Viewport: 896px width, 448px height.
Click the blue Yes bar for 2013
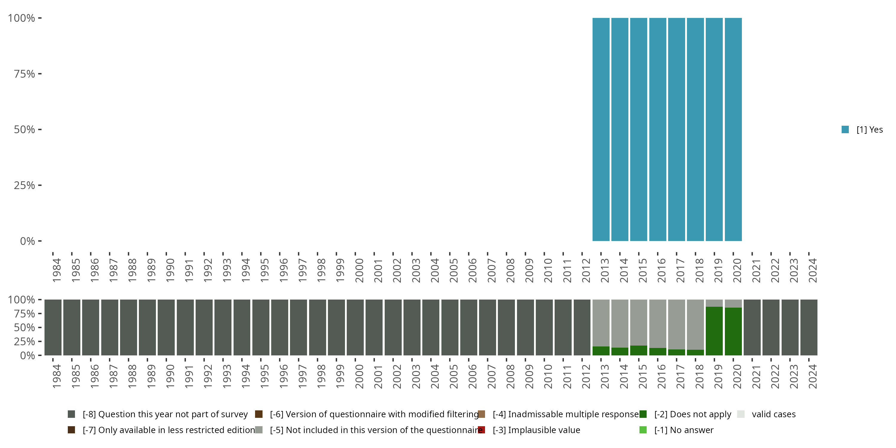pyautogui.click(x=601, y=129)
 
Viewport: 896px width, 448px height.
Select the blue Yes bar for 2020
pyautogui.click(x=733, y=129)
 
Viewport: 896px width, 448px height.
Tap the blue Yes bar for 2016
pyautogui.click(x=657, y=129)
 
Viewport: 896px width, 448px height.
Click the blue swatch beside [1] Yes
pyautogui.click(x=845, y=130)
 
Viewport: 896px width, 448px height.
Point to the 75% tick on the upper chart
pyautogui.click(x=40, y=74)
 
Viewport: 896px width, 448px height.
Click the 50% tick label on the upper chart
pyautogui.click(x=24, y=130)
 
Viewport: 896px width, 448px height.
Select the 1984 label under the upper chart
pyautogui.click(x=57, y=271)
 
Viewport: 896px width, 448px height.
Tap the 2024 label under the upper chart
pyautogui.click(x=812, y=271)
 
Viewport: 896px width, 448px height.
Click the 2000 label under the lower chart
pyautogui.click(x=359, y=377)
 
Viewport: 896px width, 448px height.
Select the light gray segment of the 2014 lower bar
pyautogui.click(x=620, y=323)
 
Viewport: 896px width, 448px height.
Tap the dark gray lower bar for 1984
pyautogui.click(x=53, y=327)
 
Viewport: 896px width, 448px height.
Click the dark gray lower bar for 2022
pyautogui.click(x=771, y=327)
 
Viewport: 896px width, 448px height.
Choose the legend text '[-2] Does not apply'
pyautogui.click(x=693, y=414)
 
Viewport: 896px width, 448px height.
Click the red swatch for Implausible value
pyautogui.click(x=482, y=430)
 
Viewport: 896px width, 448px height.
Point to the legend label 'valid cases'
pyautogui.click(x=774, y=414)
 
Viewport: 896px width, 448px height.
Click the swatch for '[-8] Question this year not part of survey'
pyautogui.click(x=71, y=414)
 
